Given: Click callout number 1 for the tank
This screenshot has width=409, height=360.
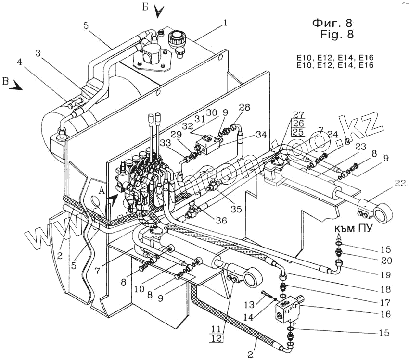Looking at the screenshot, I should coord(226,23).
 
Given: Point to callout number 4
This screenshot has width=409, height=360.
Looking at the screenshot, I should coord(20,62).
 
